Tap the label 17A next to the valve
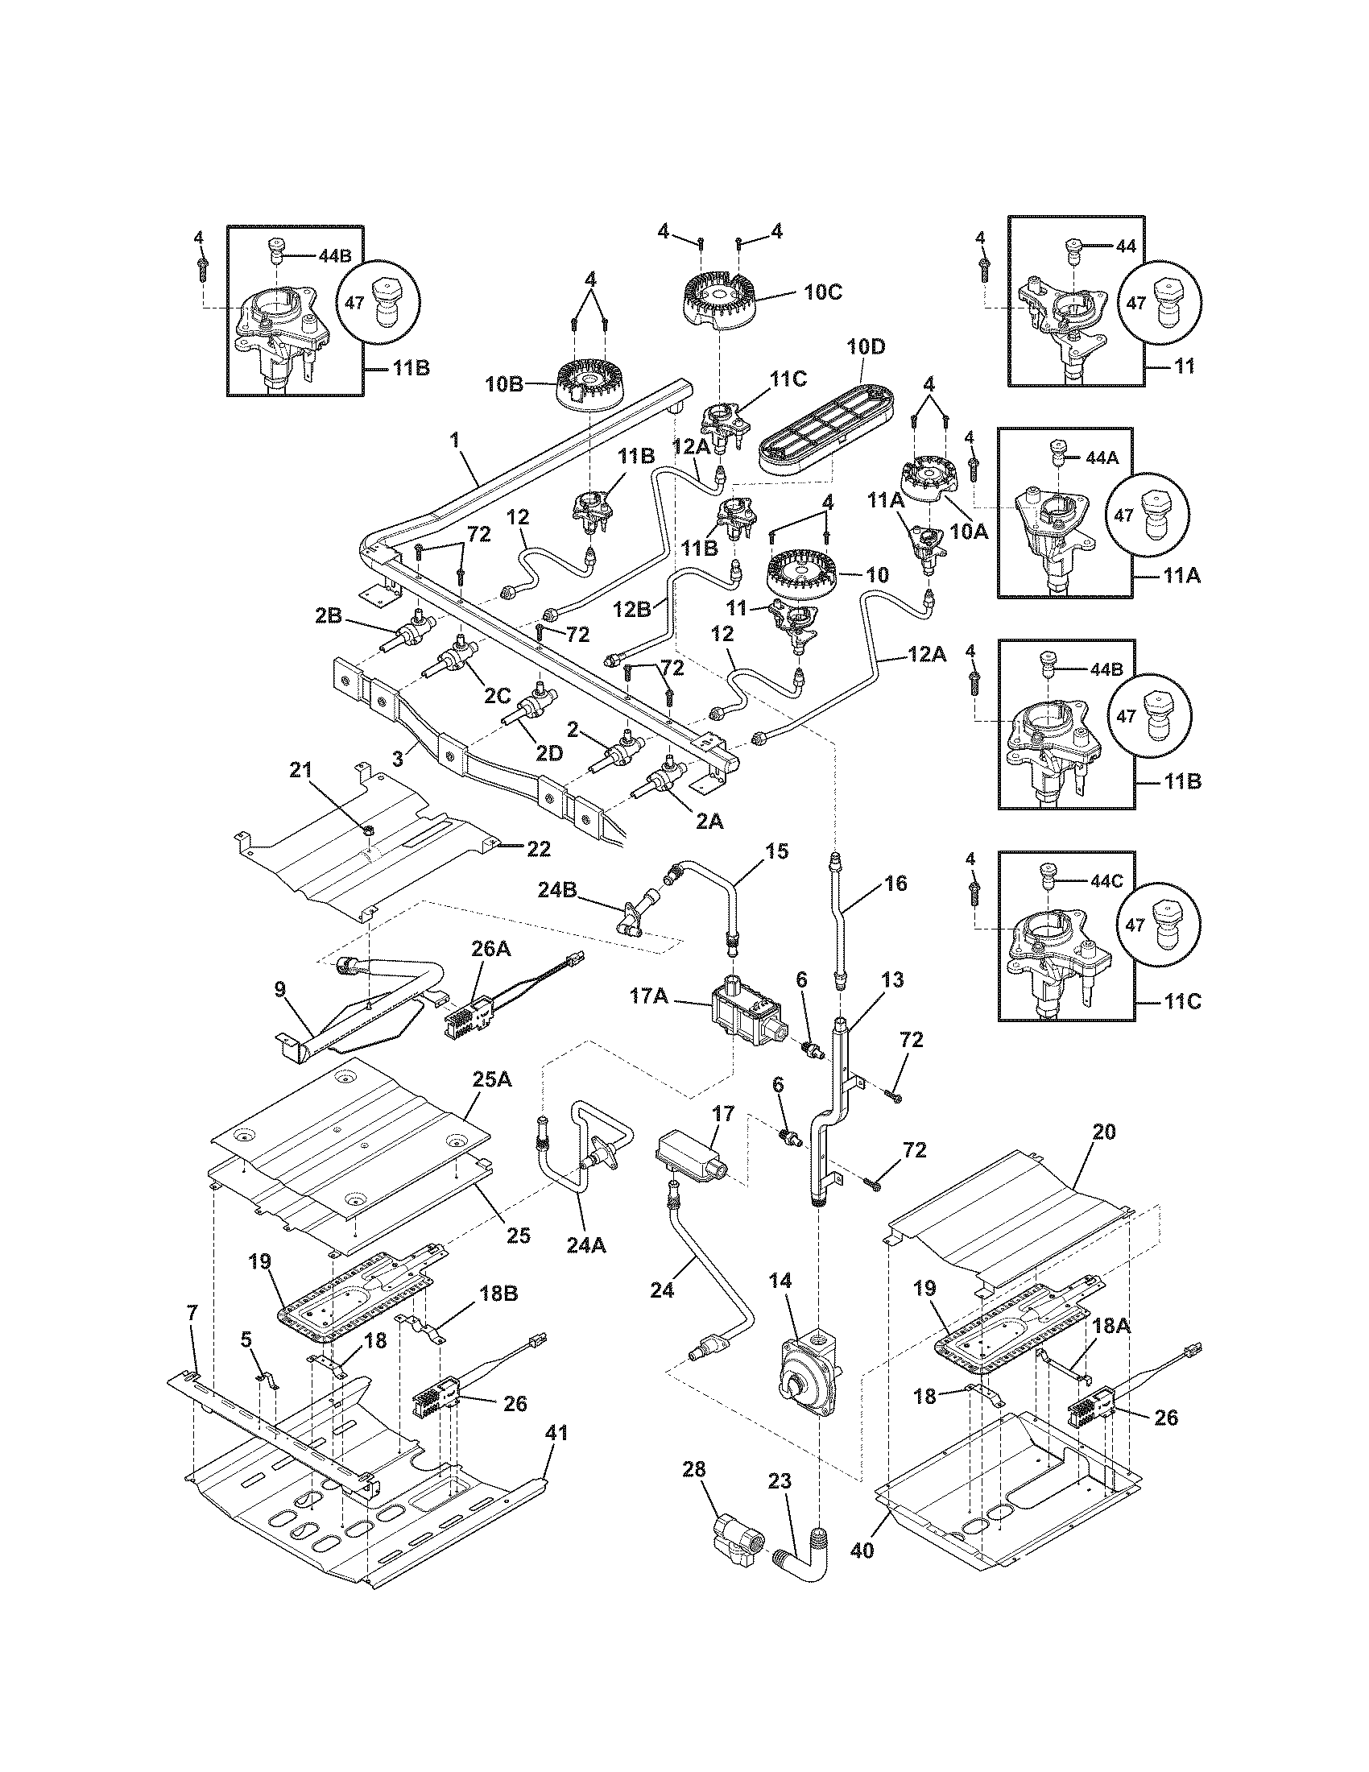649,996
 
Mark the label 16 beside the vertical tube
895,883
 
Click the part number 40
863,1550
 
